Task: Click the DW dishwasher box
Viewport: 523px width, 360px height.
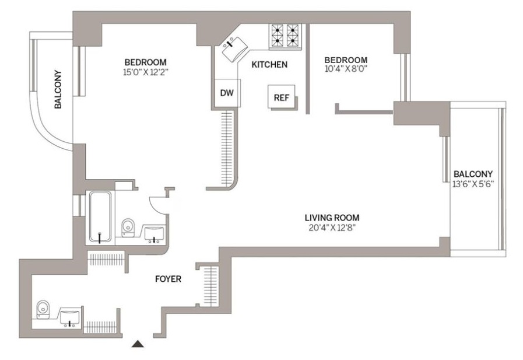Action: coord(226,93)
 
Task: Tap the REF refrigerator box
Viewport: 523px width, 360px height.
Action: coord(282,97)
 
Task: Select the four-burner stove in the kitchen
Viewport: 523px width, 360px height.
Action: coord(285,36)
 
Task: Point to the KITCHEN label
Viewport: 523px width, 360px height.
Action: coord(269,65)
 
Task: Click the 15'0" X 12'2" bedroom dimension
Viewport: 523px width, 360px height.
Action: coord(145,72)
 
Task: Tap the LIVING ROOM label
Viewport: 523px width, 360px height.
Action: coord(331,218)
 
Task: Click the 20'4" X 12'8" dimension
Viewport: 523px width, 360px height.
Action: coord(331,228)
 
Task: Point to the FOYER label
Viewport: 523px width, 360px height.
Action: coord(168,279)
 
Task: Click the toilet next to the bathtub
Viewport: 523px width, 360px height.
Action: coord(129,227)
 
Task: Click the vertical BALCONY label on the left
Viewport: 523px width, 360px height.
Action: coord(58,90)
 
